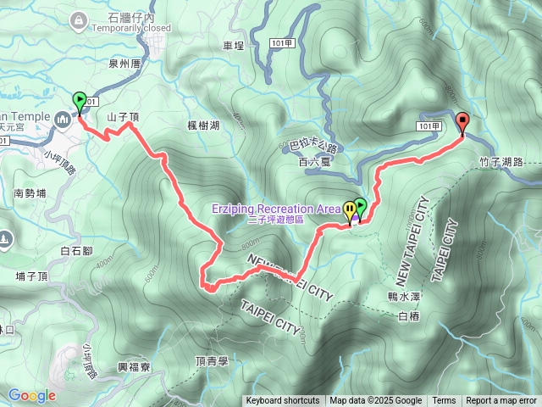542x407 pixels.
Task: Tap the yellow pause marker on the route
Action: tap(350, 209)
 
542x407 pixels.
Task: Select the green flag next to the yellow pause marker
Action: tap(361, 206)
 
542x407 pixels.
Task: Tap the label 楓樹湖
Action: tap(203, 125)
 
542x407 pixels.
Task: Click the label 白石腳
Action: tap(77, 251)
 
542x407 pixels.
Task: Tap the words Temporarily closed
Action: tap(131, 27)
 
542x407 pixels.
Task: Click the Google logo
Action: tap(31, 395)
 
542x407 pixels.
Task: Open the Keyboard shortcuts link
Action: tap(283, 401)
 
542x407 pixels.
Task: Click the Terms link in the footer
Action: tap(444, 401)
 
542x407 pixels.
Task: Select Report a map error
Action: tap(501, 401)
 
